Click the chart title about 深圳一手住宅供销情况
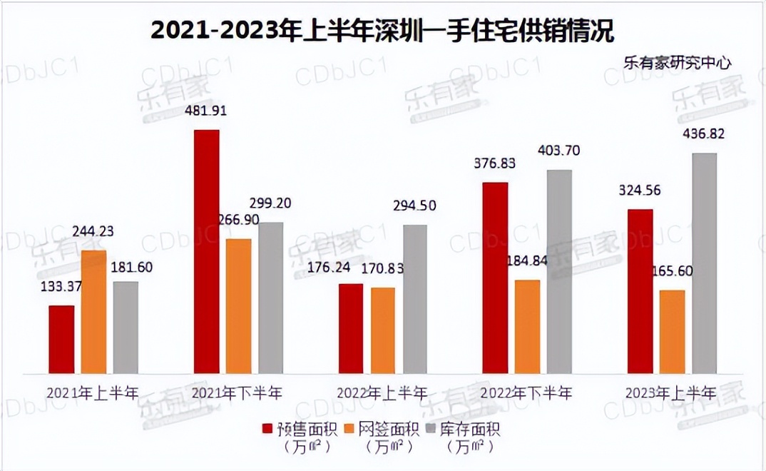[x=382, y=31]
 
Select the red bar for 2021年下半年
[x=207, y=251]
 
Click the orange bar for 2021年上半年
[x=93, y=312]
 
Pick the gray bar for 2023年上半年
[x=704, y=263]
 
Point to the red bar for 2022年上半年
[x=350, y=328]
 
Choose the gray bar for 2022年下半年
[x=559, y=271]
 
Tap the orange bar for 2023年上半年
[x=672, y=331]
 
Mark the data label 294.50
[x=414, y=206]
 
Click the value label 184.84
[x=528, y=260]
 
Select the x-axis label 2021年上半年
[x=93, y=393]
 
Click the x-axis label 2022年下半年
[x=526, y=393]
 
